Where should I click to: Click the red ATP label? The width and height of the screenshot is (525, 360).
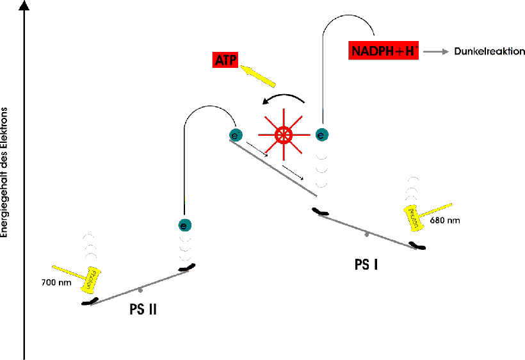pyautogui.click(x=225, y=61)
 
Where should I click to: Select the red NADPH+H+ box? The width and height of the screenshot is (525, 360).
pyautogui.click(x=384, y=50)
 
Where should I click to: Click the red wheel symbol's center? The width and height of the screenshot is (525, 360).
pyautogui.click(x=282, y=135)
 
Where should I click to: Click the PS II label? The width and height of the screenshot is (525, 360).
pyautogui.click(x=143, y=310)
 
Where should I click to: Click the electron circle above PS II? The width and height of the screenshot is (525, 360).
pyautogui.click(x=184, y=225)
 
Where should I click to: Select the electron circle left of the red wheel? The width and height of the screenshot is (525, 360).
pyautogui.click(x=236, y=135)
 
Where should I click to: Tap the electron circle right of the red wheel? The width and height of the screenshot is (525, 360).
pyautogui.click(x=323, y=135)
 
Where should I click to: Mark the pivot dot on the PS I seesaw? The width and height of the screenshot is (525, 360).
pyautogui.click(x=367, y=234)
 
